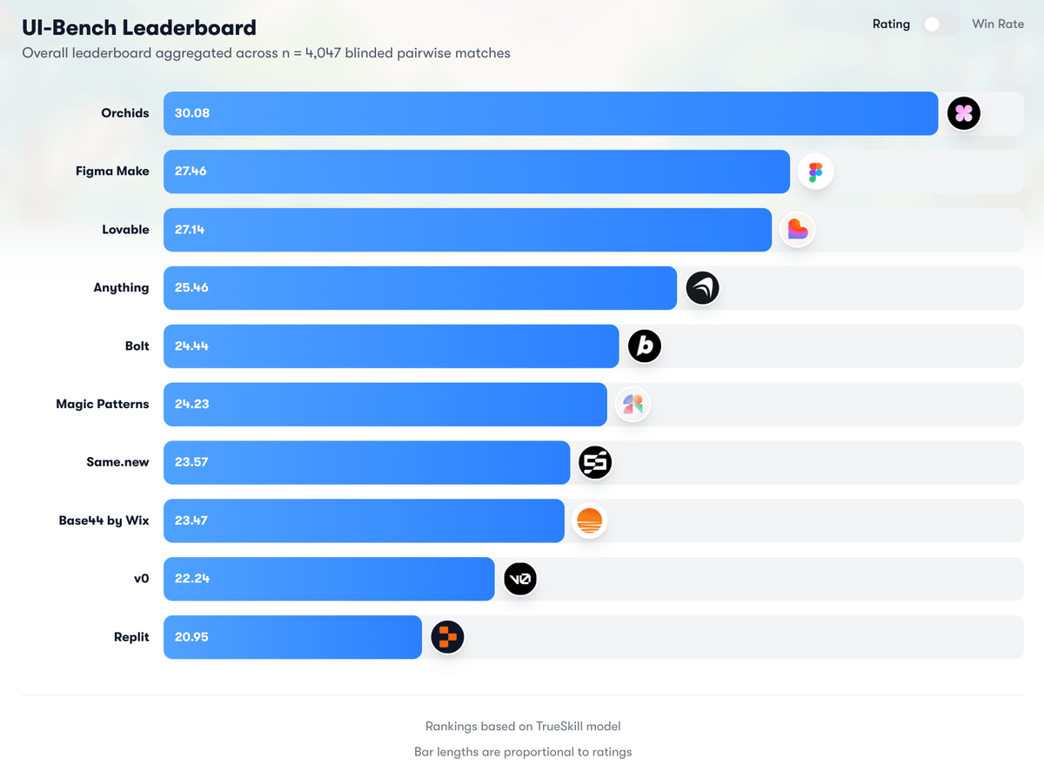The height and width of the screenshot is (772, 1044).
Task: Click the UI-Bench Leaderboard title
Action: [139, 28]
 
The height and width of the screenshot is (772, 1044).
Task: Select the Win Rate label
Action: [998, 24]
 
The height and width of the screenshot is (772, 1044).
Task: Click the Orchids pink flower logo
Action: [963, 113]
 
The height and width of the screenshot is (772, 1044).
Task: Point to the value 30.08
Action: [192, 113]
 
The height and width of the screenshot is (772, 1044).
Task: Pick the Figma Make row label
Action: [112, 171]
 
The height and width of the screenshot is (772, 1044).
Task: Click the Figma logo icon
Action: [815, 172]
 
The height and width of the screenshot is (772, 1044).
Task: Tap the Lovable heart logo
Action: [797, 230]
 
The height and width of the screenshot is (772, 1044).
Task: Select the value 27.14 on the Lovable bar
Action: [191, 230]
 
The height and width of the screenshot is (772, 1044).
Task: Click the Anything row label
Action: [121, 288]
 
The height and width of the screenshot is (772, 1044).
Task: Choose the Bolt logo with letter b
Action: [645, 346]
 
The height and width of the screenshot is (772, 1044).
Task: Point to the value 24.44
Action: [191, 346]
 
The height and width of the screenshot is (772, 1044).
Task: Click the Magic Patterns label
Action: [102, 405]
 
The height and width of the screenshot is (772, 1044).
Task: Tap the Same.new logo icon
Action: [595, 463]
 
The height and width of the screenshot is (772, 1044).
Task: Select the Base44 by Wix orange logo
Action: [589, 521]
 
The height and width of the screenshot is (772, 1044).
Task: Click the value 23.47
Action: [191, 521]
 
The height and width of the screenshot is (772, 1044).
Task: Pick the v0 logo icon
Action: [520, 579]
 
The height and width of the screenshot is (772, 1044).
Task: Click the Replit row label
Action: [131, 637]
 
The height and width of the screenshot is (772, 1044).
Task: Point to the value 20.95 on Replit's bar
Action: [191, 637]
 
